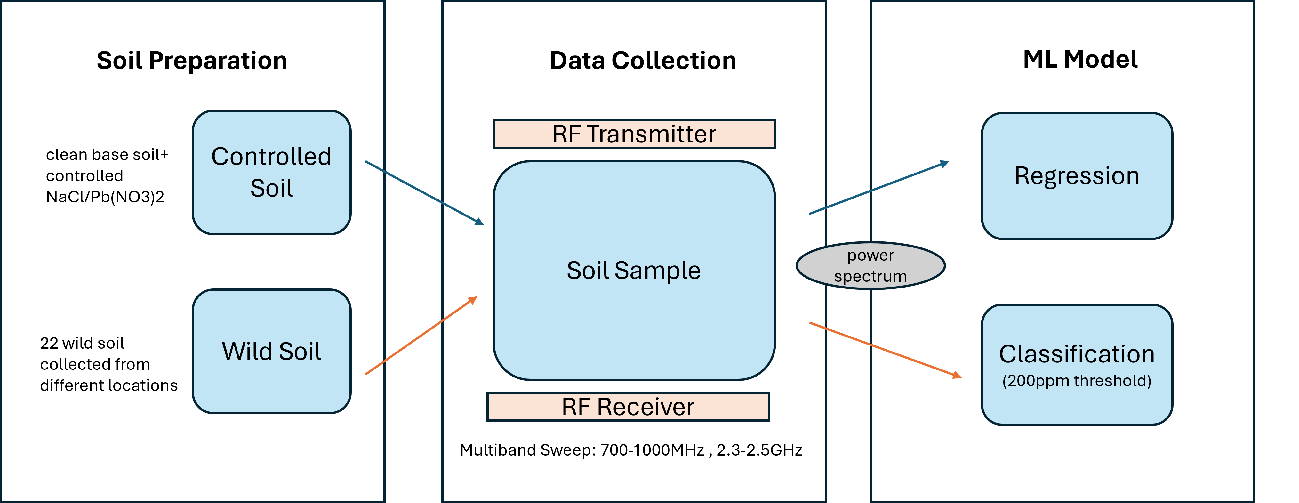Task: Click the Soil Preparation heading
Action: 192,61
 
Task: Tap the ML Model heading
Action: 1080,60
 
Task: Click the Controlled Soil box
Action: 271,172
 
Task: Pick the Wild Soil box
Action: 271,351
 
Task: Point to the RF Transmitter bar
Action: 634,134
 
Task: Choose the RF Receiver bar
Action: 628,407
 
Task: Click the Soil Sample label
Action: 633,271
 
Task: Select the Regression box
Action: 1077,175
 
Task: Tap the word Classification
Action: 1077,354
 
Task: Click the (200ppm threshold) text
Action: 1077,381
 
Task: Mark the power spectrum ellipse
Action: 870,266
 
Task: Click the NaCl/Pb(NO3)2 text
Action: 105,197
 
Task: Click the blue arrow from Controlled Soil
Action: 424,192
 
